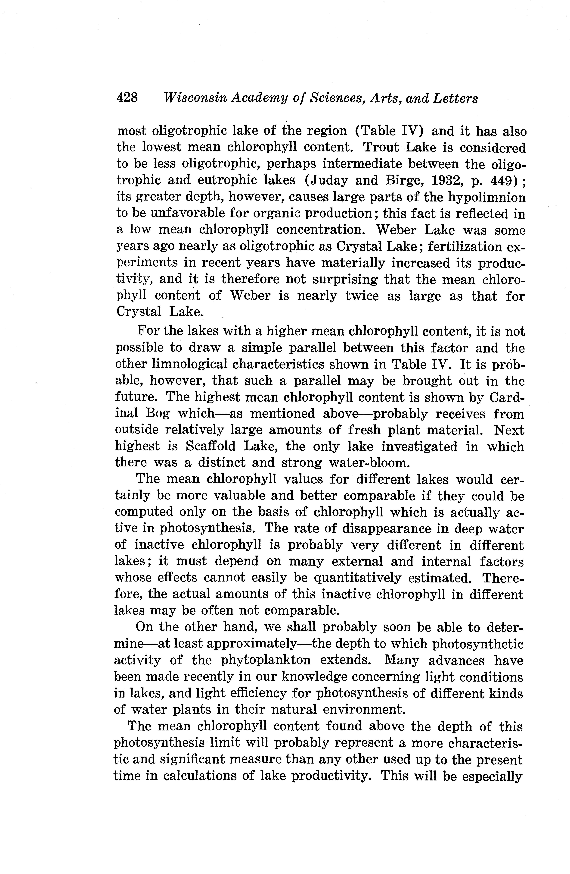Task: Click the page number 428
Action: pos(127,98)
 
